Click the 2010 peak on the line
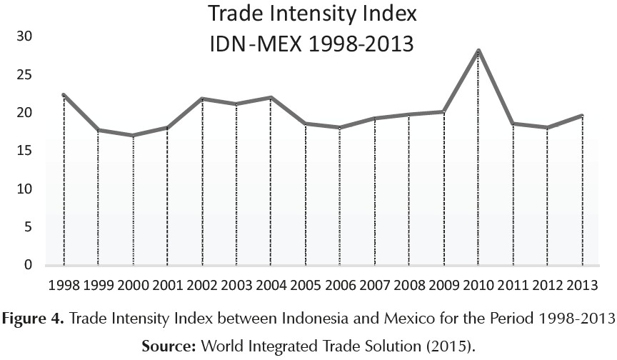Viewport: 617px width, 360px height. coord(478,50)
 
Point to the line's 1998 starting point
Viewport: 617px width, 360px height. coord(64,95)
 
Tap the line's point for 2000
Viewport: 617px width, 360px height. coord(133,135)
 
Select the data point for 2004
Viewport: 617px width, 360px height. coord(271,97)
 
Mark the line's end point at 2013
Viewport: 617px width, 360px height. coord(582,116)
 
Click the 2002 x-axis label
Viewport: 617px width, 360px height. coord(203,285)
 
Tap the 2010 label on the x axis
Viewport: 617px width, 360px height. coord(478,285)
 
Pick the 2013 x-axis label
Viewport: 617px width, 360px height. coord(581,285)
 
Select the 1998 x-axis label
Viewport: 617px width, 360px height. coord(64,285)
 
